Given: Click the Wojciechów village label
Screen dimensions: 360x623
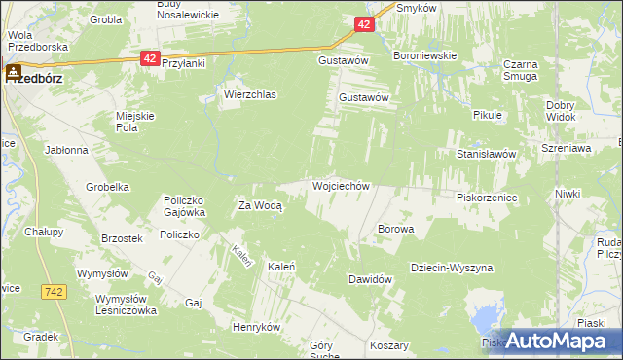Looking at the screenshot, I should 341,185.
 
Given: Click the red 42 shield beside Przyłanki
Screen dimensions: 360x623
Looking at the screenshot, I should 149,59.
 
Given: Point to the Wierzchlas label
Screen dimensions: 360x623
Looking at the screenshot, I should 250,95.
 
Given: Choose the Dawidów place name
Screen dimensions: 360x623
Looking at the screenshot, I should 370,279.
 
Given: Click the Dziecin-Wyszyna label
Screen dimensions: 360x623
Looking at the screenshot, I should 452,268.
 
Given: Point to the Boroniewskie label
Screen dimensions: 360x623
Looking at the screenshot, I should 424,56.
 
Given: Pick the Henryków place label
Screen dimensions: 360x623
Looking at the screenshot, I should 256,327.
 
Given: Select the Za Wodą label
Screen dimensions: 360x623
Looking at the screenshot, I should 260,205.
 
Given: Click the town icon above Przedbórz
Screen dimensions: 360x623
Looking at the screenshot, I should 15,70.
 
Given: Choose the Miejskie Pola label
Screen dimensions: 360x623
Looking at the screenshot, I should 135,122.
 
